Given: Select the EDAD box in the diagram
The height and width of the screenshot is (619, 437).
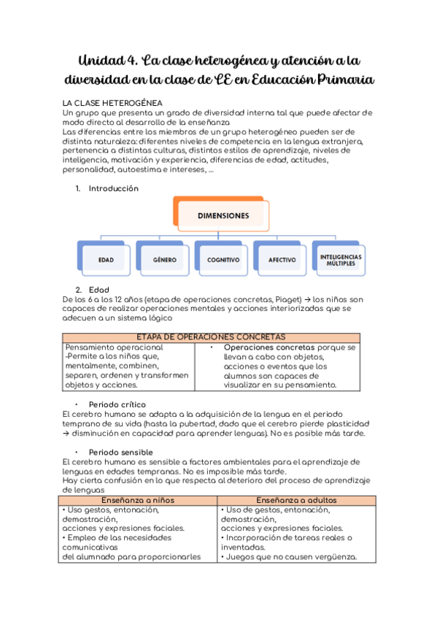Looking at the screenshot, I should (107, 259).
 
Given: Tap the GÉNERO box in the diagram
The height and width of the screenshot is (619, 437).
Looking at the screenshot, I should (164, 259).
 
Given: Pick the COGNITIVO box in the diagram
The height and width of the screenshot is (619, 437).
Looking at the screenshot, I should (223, 259).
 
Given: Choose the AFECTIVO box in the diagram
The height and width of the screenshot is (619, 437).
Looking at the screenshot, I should (282, 259).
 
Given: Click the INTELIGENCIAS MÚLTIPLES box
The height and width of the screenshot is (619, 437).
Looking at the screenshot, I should (341, 259).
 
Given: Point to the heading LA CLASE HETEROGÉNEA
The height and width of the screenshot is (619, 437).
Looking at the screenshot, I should (112, 103).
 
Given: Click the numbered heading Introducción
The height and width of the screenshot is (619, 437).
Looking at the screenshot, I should (113, 188).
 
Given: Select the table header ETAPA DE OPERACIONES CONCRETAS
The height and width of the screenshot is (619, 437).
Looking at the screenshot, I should (211, 337).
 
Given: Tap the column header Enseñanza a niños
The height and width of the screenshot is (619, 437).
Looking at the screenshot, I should (139, 499).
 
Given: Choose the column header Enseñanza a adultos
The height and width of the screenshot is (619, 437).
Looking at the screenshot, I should (296, 499).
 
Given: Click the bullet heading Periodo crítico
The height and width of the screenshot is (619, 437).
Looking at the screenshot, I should (117, 404).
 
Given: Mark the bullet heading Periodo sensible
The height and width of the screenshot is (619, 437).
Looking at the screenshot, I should (120, 452).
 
